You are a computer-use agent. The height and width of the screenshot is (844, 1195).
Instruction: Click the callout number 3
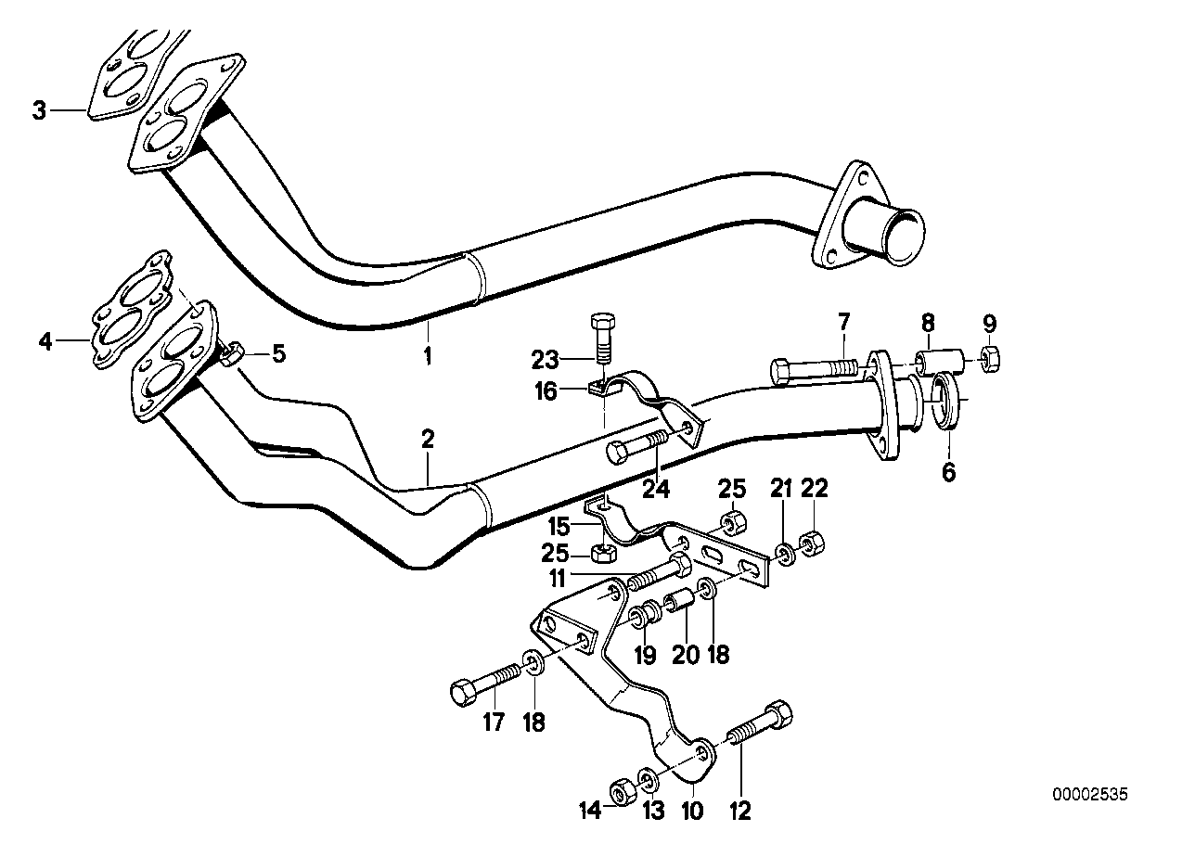38,111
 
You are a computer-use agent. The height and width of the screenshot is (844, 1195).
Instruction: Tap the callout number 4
45,341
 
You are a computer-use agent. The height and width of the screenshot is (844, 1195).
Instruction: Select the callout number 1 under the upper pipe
428,355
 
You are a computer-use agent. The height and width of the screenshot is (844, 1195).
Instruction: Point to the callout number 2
428,440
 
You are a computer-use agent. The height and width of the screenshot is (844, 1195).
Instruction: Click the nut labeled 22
810,543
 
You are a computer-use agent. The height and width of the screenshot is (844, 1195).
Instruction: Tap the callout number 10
690,812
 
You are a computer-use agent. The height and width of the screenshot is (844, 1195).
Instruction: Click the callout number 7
842,325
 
